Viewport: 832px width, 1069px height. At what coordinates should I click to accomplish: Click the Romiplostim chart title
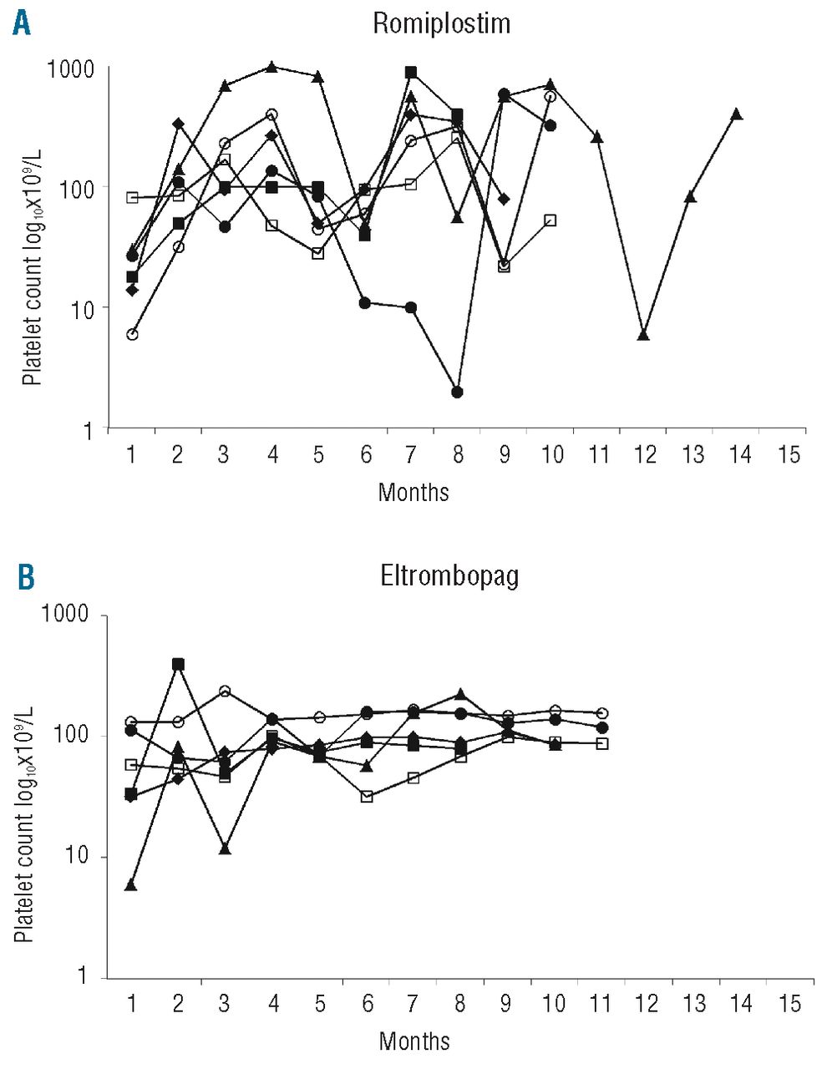click(441, 23)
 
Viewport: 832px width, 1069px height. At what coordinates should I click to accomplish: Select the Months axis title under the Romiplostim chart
click(413, 492)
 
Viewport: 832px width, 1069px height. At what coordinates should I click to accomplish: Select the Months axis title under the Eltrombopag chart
click(414, 1041)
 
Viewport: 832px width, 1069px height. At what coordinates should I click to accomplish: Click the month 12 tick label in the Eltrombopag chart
click(646, 1003)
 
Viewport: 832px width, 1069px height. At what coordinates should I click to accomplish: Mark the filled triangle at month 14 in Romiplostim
click(737, 114)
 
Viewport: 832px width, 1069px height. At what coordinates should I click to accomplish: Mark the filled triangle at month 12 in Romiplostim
click(643, 335)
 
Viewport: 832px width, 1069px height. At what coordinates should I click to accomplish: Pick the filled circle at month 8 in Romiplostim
click(457, 392)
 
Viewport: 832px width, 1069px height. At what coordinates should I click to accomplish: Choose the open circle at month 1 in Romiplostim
click(132, 334)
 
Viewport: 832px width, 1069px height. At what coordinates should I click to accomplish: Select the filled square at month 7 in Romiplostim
click(410, 73)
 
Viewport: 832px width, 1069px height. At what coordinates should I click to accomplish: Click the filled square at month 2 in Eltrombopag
click(178, 664)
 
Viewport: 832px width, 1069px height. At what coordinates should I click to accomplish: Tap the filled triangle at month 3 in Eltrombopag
click(225, 849)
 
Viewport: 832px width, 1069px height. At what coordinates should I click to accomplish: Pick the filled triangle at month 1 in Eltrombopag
click(131, 884)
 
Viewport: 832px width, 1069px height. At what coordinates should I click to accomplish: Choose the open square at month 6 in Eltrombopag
click(366, 797)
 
